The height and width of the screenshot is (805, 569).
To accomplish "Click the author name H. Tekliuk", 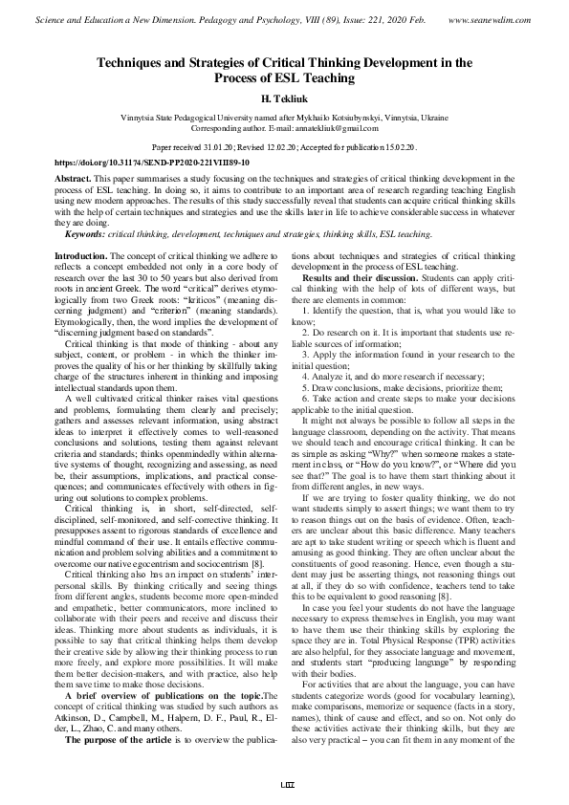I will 284,98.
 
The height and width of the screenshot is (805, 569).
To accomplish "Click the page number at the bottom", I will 284,786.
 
